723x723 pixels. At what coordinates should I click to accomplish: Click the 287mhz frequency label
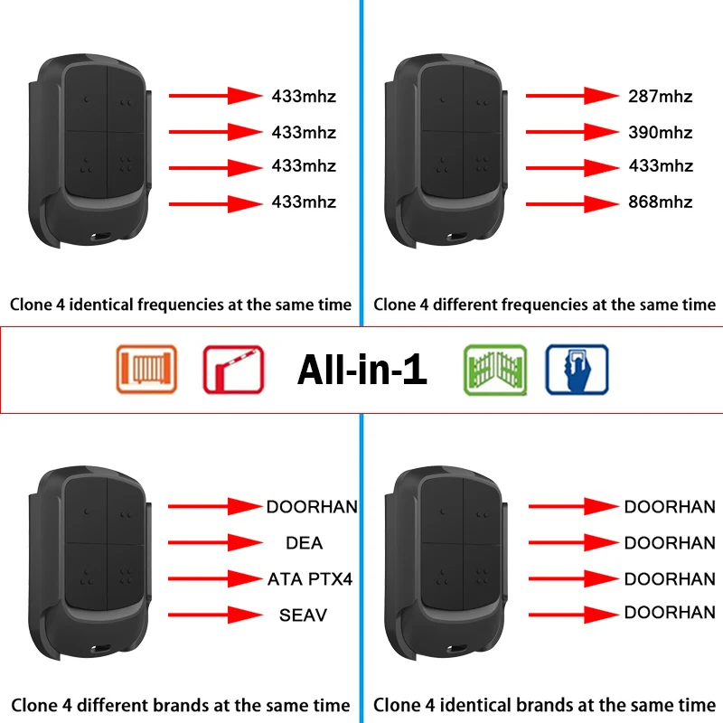[660, 95]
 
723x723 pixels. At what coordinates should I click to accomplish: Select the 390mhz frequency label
[660, 133]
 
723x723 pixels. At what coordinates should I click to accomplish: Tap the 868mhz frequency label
[660, 202]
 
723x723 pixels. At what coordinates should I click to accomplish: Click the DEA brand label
[304, 543]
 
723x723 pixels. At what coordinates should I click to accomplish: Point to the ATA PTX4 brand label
[309, 578]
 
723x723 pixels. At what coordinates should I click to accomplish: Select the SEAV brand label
[303, 615]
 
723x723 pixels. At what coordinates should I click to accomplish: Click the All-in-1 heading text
[361, 369]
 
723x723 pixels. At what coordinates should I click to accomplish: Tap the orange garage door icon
[146, 369]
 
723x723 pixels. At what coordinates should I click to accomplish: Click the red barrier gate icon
[232, 369]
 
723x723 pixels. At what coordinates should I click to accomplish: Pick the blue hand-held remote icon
[577, 369]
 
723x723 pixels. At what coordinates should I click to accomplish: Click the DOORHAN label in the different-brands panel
[312, 507]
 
